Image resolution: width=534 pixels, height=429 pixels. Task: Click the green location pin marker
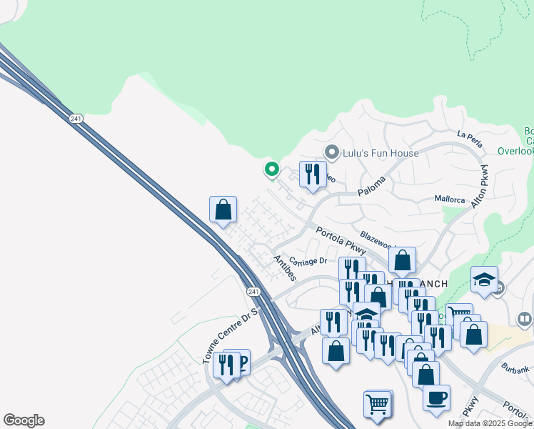pyautogui.click(x=271, y=169)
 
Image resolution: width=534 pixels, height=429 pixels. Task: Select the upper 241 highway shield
pyautogui.click(x=76, y=118)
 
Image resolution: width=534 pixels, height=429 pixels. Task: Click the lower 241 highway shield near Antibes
pyautogui.click(x=253, y=292)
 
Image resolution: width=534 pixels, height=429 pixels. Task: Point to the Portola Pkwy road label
pyautogui.click(x=341, y=241)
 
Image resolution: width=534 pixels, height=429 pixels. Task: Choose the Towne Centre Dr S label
pyautogui.click(x=229, y=334)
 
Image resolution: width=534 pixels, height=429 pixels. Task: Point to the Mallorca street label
pyautogui.click(x=450, y=200)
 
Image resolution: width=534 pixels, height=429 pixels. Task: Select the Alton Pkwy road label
pyautogui.click(x=479, y=187)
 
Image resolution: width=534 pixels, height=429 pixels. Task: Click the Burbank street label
pyautogui.click(x=514, y=370)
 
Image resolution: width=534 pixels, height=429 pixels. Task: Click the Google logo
pyautogui.click(x=24, y=420)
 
